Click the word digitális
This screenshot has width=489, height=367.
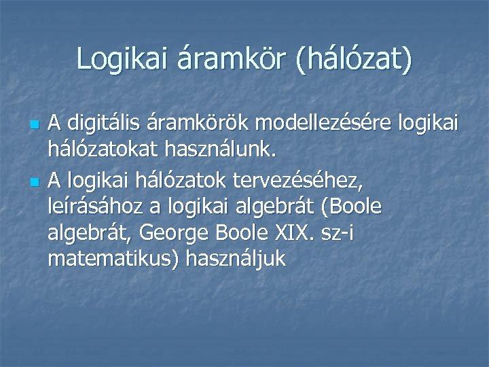(102, 124)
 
